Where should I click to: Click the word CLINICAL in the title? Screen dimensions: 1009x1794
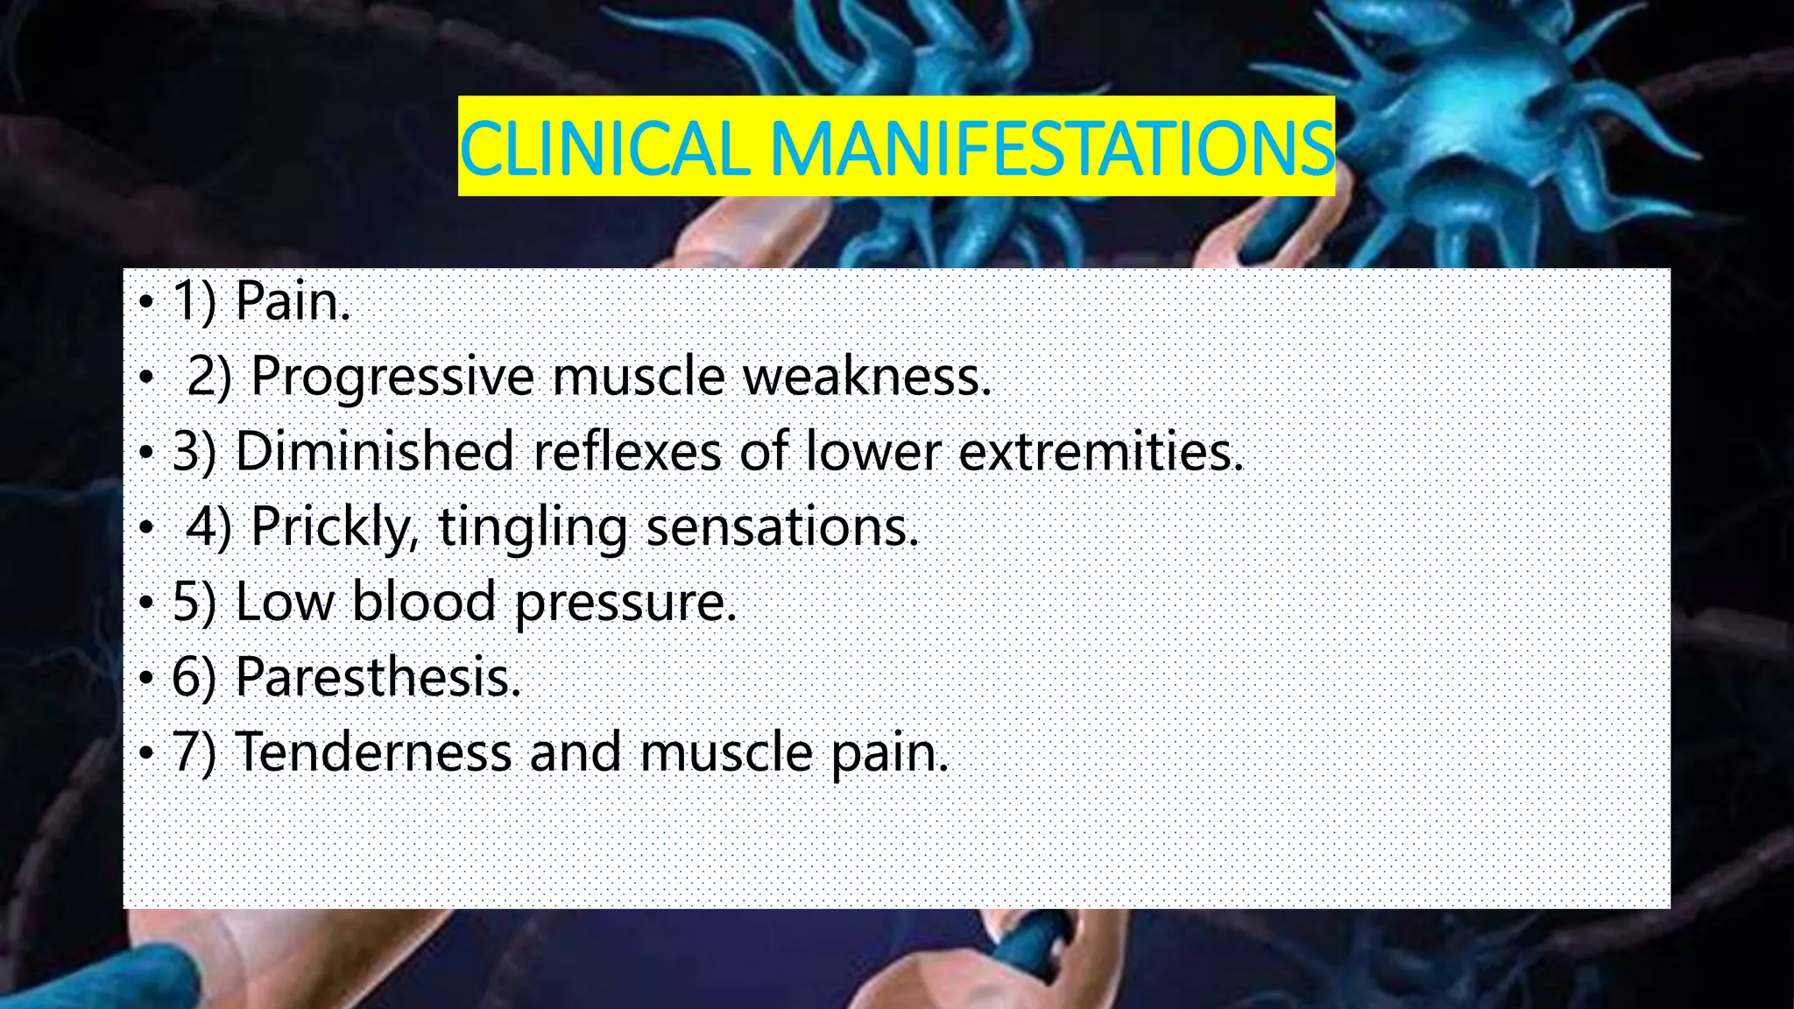(604, 147)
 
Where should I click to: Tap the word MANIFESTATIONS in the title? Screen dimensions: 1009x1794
(1051, 147)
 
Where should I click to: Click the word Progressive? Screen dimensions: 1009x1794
(392, 377)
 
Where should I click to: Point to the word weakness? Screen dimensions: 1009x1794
(866, 377)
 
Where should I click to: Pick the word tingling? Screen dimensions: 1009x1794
(533, 527)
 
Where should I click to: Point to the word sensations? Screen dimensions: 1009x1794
(781, 527)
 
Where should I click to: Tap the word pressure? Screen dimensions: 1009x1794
(625, 604)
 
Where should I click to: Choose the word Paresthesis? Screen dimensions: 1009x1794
(378, 677)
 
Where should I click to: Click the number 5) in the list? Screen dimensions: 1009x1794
(194, 603)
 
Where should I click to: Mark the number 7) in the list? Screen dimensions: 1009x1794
(194, 752)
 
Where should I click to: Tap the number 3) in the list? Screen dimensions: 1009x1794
(194, 452)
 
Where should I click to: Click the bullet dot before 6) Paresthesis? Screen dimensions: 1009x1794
(146, 678)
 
